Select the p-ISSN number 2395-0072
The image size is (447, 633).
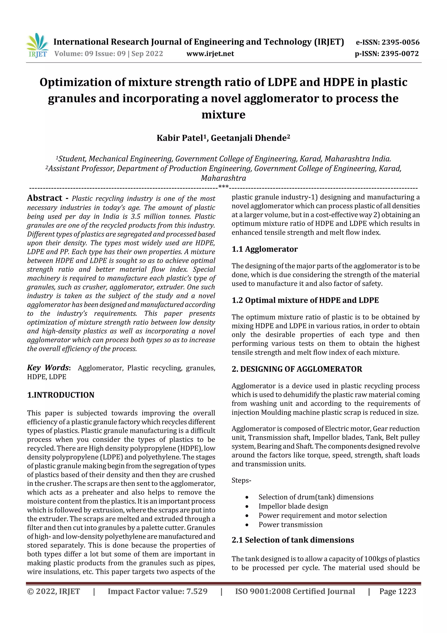click(400, 54)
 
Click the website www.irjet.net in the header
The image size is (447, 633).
click(210, 54)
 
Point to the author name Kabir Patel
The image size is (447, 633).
click(180, 138)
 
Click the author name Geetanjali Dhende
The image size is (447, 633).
click(249, 138)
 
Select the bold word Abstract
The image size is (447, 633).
click(45, 198)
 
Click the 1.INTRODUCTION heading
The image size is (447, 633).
click(61, 395)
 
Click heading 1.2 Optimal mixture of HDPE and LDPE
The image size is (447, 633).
click(305, 300)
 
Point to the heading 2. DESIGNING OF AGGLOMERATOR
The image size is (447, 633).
click(297, 369)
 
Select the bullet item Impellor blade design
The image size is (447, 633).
click(293, 506)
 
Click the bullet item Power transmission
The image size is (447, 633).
click(290, 524)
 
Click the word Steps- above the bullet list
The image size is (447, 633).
click(241, 480)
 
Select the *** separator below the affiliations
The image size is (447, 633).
click(223, 187)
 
